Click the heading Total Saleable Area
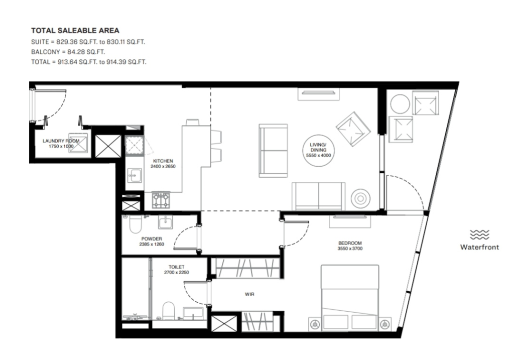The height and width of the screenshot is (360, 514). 75,31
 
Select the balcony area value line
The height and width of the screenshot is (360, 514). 68,52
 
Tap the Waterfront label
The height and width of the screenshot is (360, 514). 479,247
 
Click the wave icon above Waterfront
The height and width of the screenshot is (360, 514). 479,235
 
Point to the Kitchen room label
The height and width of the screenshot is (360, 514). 163,161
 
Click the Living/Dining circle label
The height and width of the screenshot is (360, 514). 318,150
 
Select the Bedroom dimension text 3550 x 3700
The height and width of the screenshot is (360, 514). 350,249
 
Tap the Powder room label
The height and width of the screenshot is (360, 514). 152,239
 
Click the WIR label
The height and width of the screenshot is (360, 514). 249,294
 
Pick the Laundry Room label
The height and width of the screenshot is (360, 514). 61,141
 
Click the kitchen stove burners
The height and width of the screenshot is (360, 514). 161,200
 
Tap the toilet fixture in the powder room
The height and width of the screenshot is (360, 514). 135,223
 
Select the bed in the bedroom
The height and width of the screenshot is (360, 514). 350,298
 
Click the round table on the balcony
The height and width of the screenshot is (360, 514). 400,104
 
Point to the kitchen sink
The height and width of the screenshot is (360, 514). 135,175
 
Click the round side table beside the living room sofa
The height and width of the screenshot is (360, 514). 360,198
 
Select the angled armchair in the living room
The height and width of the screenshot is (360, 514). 353,130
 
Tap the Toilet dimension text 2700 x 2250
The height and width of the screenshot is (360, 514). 176,273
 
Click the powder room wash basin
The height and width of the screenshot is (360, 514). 165,222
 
